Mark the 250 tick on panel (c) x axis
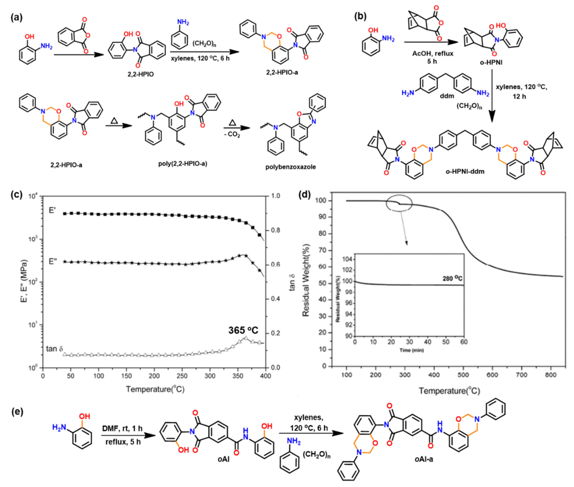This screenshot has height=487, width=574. pos(182,376)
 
